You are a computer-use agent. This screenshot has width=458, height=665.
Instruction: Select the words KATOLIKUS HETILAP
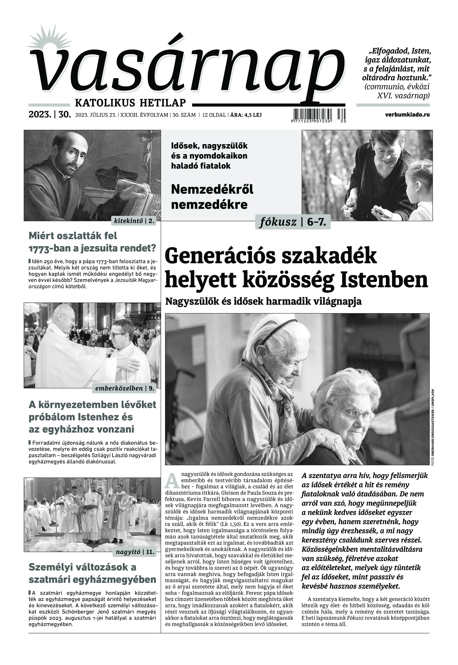[x=130, y=102]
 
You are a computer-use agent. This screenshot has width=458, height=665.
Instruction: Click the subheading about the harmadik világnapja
[x=263, y=301]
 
